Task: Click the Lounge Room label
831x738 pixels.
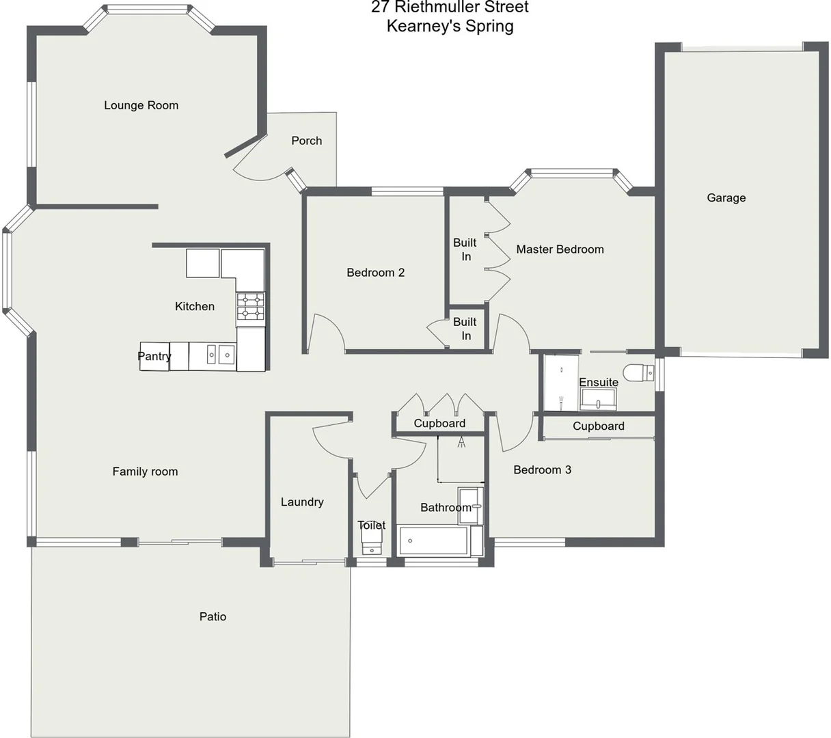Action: click(141, 105)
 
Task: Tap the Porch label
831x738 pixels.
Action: click(306, 141)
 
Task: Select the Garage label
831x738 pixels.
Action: click(726, 198)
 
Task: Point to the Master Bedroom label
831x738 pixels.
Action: click(560, 249)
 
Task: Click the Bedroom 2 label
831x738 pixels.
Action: click(375, 273)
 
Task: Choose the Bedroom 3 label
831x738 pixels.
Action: click(542, 470)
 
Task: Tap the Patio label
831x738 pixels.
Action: click(213, 616)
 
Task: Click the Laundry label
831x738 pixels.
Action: click(302, 502)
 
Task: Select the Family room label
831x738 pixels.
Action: click(145, 471)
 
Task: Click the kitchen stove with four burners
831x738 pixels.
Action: click(250, 306)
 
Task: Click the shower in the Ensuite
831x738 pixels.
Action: click(560, 383)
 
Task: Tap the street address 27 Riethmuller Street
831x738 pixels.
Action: click(450, 8)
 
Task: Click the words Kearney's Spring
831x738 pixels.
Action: click(450, 27)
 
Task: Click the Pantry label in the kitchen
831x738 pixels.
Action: click(154, 356)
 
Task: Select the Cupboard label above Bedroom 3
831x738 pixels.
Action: click(598, 426)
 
